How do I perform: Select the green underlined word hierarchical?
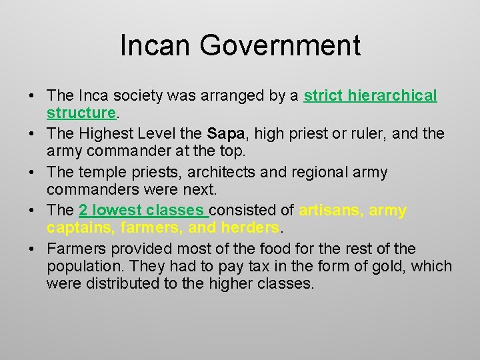pos(391,96)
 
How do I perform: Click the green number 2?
pos(83,211)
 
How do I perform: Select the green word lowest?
pos(113,211)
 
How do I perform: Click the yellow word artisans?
pos(330,211)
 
